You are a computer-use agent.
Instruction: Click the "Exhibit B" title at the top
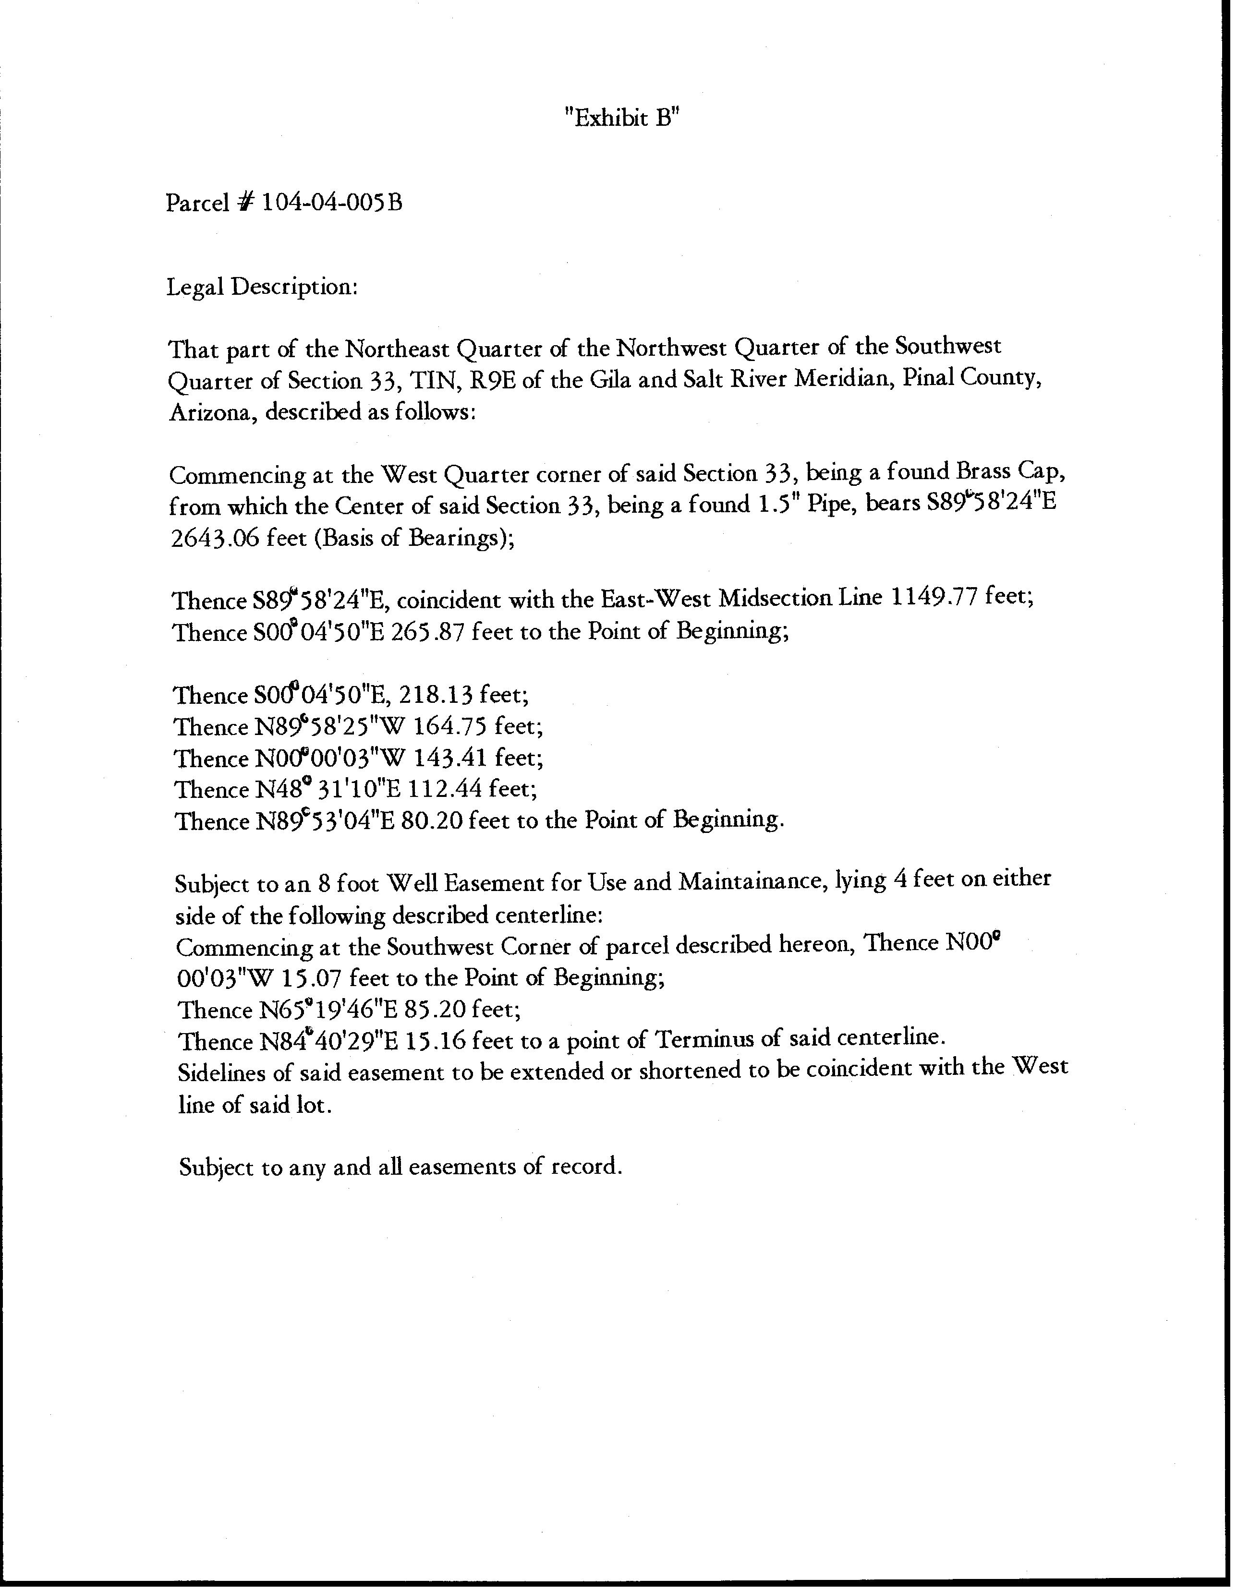pyautogui.click(x=622, y=118)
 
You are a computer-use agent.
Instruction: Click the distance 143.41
pyautogui.click(x=451, y=758)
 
